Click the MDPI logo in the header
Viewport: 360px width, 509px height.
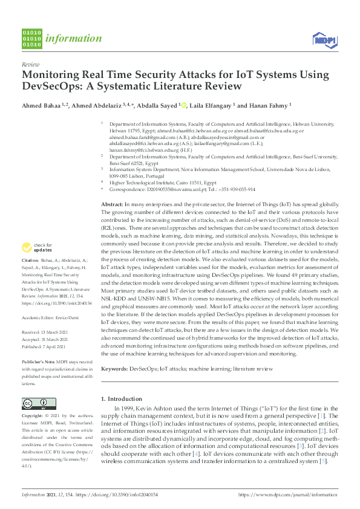point(324,39)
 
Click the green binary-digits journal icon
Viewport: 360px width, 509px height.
point(31,37)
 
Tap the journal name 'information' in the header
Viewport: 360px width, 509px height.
point(73,39)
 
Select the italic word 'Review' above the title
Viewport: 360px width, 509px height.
point(31,63)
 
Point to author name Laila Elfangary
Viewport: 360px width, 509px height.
point(212,105)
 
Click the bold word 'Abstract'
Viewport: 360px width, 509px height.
point(112,206)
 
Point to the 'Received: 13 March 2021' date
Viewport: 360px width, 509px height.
point(48,331)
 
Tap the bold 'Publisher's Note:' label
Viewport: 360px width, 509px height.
point(40,360)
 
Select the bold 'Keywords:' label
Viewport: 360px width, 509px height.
point(114,368)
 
